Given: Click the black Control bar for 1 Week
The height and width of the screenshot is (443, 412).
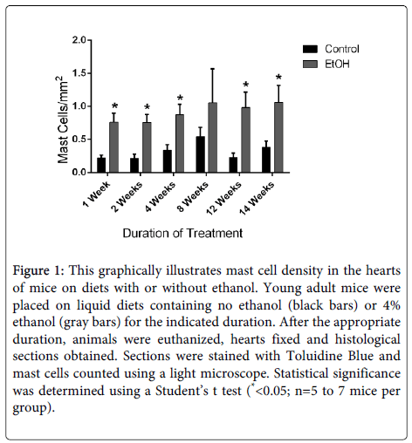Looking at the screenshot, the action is tap(101, 165).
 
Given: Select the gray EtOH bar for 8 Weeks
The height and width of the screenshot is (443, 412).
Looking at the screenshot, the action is tap(213, 138).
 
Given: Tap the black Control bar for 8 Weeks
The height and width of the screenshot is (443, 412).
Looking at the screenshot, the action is tap(200, 154).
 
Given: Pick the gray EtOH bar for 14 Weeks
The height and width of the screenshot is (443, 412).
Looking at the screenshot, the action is tap(278, 138).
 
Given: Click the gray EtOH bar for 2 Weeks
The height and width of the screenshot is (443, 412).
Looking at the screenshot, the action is tap(147, 147).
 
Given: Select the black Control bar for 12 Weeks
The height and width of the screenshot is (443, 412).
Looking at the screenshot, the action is tap(233, 165).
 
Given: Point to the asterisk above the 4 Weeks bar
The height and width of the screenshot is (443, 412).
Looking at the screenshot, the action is tap(180, 98).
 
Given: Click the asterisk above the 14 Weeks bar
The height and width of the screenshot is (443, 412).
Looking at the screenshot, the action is tap(278, 78).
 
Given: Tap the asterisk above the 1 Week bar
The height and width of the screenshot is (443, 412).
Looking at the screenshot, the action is tap(114, 106).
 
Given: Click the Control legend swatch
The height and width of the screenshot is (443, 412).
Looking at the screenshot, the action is tap(310, 49).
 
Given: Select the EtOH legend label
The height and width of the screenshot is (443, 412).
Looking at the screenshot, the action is tap(337, 64).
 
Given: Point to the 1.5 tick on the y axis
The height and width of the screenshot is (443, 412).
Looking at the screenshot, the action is tap(89, 73).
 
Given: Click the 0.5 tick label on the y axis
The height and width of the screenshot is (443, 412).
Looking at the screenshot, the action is tap(79, 140).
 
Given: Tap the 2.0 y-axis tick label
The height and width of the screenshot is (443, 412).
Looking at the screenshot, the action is tap(79, 40).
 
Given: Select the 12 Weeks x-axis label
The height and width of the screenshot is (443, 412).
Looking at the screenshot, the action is tap(224, 198).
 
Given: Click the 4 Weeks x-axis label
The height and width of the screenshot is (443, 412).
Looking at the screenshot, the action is tap(161, 196).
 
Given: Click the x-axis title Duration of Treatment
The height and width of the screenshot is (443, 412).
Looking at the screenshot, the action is tap(182, 233).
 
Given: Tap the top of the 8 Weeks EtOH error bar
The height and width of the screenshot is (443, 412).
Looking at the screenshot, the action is tap(213, 69).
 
